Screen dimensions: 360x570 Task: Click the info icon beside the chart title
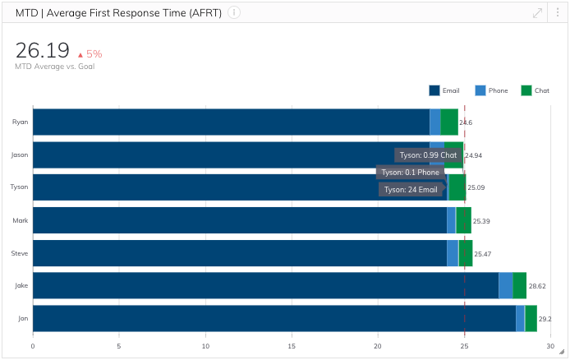click(x=234, y=12)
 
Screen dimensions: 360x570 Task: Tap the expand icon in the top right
click(x=538, y=12)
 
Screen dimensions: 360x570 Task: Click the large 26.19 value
click(x=42, y=51)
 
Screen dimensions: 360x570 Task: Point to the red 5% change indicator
click(x=90, y=53)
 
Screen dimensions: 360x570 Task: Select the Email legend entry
click(x=444, y=90)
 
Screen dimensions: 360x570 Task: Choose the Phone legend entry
click(x=491, y=90)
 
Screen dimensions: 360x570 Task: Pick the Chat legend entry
click(x=536, y=90)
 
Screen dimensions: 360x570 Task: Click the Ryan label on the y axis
click(x=21, y=122)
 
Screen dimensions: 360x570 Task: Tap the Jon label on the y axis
click(x=23, y=318)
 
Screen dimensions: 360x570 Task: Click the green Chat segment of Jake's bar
click(x=519, y=285)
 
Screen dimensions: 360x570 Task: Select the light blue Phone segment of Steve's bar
click(x=453, y=253)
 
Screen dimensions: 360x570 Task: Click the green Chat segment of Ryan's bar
click(x=449, y=122)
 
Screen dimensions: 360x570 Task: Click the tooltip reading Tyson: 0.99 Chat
click(x=428, y=155)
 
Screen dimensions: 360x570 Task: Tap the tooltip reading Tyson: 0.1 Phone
click(x=410, y=173)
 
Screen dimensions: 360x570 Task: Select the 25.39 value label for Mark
click(x=481, y=221)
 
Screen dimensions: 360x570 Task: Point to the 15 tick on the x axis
click(x=292, y=346)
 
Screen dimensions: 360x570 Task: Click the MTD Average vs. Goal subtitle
click(x=54, y=66)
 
